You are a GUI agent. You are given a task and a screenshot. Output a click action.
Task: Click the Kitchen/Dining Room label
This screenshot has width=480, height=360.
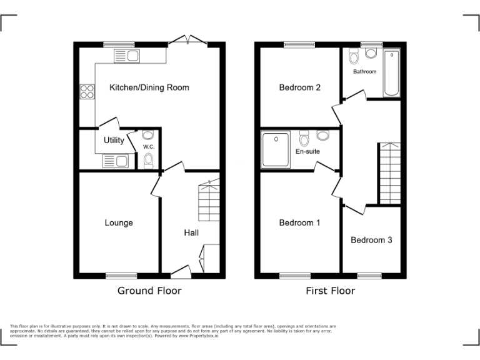tap(149, 87)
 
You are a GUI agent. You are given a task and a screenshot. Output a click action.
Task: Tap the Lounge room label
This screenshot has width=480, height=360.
tap(119, 222)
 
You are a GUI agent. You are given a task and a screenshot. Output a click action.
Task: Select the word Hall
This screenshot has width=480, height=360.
tap(191, 232)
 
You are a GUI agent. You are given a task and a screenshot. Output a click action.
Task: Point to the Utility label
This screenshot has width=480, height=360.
tap(114, 141)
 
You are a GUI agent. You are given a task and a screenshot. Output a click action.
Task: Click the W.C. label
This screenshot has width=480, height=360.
tap(148, 147)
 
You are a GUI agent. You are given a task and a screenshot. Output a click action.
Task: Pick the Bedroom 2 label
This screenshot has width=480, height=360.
tap(299, 87)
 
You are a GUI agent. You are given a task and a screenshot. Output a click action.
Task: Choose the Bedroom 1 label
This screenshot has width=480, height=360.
tap(299, 222)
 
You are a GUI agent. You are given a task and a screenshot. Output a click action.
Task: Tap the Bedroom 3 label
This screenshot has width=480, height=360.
tap(371, 240)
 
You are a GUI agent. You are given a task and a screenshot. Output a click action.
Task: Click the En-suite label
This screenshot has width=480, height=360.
tap(307, 151)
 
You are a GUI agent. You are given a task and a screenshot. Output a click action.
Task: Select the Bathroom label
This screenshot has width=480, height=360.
tap(365, 71)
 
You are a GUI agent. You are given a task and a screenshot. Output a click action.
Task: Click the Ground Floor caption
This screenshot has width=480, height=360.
tap(149, 291)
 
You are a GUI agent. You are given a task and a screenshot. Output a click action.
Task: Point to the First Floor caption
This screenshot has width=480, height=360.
tap(330, 291)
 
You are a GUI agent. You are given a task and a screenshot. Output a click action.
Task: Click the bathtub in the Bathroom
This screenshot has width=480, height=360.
tap(391, 74)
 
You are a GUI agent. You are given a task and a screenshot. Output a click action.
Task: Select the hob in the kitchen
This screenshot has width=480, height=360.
tap(86, 92)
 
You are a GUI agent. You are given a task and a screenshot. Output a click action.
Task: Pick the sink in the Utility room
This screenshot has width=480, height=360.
tap(115, 162)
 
